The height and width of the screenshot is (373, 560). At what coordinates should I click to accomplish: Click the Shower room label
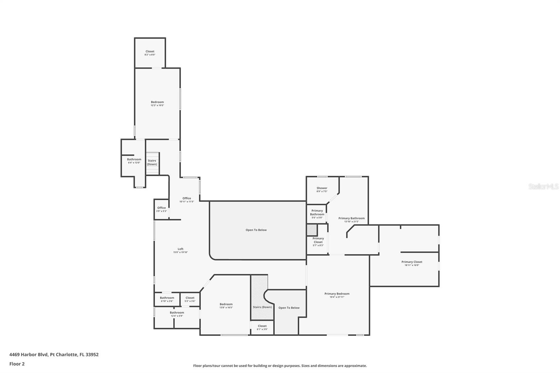[322, 189]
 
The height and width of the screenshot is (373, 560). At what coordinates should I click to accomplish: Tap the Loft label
[180, 250]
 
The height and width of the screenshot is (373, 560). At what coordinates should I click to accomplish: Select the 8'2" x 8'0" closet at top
[150, 53]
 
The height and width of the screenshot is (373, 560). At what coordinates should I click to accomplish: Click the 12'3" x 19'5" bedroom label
[157, 103]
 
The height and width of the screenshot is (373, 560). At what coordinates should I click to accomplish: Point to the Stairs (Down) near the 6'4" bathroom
[152, 162]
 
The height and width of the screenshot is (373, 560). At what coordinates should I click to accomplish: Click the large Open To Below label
[256, 230]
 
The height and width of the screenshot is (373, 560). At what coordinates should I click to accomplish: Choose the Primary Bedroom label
[337, 295]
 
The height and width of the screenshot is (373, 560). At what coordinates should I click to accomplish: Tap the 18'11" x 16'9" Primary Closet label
[412, 263]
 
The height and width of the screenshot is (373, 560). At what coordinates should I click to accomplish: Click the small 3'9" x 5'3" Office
[161, 209]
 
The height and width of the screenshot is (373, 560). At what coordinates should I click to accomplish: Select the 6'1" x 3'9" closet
[262, 327]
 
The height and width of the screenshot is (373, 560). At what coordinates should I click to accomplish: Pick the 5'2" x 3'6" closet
[190, 299]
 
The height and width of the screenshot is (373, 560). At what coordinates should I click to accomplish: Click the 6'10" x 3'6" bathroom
[167, 299]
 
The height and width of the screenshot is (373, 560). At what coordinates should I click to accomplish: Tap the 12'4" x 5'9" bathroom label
[177, 314]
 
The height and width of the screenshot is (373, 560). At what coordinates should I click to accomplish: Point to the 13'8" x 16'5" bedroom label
[226, 305]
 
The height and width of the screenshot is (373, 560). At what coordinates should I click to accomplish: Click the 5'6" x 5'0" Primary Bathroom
[317, 214]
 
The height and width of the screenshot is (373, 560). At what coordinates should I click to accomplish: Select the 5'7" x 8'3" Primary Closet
[318, 242]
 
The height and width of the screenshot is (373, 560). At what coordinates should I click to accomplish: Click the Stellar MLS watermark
[543, 186]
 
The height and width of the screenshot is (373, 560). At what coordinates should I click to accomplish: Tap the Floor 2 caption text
[17, 364]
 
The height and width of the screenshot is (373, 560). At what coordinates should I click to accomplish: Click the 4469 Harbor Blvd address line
[54, 354]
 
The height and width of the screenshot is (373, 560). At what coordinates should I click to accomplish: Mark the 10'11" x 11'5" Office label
[187, 199]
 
